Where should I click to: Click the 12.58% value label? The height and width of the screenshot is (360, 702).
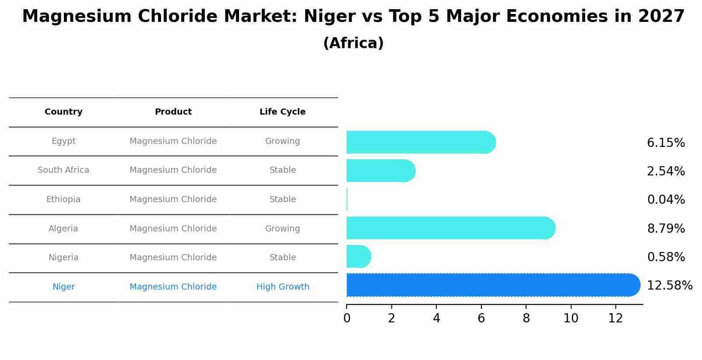click(669, 286)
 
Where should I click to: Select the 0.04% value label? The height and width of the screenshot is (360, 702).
click(666, 200)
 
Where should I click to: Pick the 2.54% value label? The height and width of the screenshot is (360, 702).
click(666, 171)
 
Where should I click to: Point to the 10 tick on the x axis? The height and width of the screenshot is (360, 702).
click(571, 318)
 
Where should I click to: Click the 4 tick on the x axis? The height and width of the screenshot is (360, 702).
click(436, 318)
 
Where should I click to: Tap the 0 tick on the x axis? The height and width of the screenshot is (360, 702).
click(347, 318)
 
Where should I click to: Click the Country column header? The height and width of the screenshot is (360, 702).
click(63, 112)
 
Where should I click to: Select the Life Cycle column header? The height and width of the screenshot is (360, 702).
click(282, 112)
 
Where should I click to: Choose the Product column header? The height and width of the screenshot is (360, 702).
click(173, 112)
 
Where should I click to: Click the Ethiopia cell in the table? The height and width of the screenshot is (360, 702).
click(63, 199)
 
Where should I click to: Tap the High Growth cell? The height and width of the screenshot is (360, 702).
click(283, 287)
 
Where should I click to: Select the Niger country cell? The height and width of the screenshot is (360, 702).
click(63, 287)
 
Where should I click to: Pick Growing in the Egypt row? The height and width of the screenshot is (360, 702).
click(282, 141)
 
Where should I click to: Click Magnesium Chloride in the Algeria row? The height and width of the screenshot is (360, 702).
click(173, 229)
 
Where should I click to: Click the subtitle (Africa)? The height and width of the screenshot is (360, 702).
click(353, 43)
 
